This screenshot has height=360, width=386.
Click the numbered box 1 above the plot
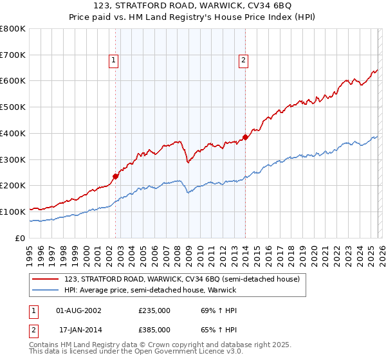click(x=113, y=61)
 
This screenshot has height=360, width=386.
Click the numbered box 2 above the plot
click(x=244, y=61)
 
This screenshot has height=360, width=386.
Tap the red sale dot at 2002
click(x=116, y=175)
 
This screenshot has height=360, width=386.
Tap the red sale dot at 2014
click(x=246, y=137)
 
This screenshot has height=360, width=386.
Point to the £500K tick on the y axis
click(x=13, y=107)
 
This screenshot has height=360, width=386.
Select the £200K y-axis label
click(x=13, y=186)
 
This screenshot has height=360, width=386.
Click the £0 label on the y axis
click(x=20, y=238)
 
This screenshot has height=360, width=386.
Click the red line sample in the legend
click(x=46, y=279)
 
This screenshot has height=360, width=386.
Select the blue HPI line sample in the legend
click(x=46, y=290)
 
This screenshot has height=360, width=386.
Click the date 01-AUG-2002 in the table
click(x=80, y=310)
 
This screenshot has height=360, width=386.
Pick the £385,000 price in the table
click(x=154, y=330)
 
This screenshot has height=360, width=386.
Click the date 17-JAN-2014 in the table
click(x=80, y=330)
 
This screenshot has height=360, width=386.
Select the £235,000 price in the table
click(x=154, y=310)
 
